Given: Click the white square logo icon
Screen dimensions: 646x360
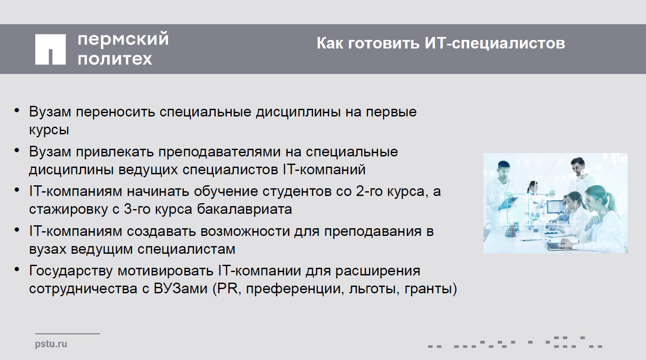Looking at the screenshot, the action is (x=51, y=49).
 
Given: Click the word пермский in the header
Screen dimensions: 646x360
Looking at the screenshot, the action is (x=123, y=39).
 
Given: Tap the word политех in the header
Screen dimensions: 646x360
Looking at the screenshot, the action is (x=115, y=59).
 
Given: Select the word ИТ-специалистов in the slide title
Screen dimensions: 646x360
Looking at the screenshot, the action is (x=495, y=43).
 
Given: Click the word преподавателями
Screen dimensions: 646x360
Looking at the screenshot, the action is (x=219, y=152).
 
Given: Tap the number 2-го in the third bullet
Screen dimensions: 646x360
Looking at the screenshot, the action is (x=369, y=191).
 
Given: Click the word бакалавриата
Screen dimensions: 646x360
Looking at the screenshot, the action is (x=244, y=209).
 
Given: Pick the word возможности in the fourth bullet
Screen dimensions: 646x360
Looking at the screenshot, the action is (x=245, y=232).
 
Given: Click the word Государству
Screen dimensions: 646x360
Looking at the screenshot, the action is (x=71, y=271).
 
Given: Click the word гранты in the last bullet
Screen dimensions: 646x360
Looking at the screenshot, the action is (x=428, y=289).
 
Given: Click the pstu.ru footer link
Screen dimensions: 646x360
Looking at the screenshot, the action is (x=51, y=344).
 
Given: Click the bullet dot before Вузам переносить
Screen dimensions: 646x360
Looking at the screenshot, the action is (x=17, y=111).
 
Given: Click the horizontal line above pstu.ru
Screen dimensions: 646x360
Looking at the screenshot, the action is (x=68, y=334).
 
